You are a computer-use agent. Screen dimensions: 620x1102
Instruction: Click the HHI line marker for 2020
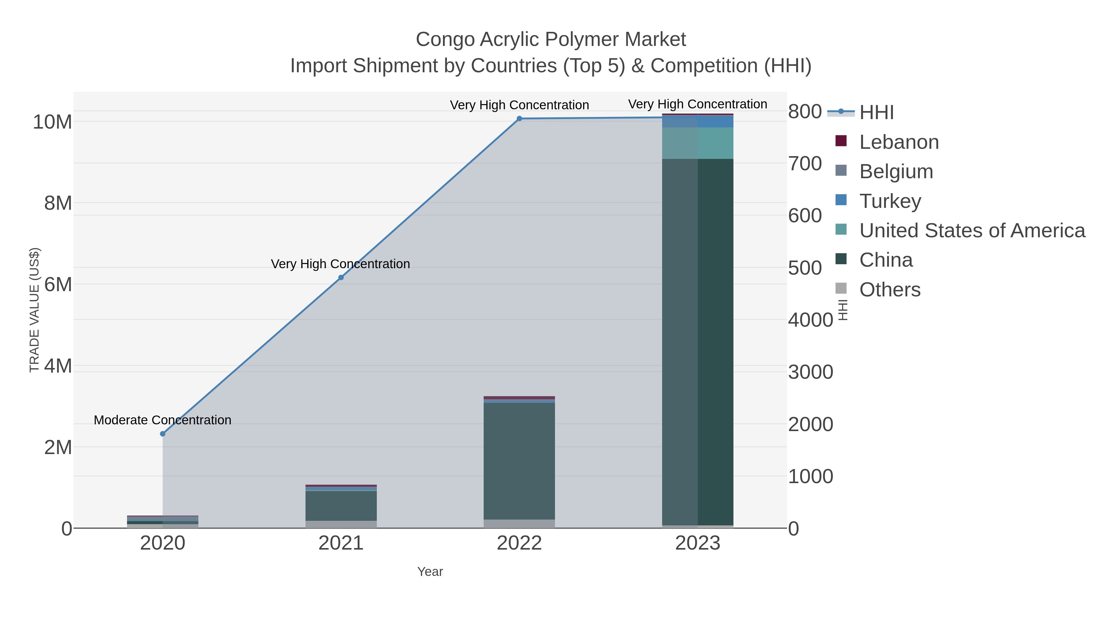pos(163,434)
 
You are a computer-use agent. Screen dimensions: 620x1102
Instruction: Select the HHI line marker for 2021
pos(341,278)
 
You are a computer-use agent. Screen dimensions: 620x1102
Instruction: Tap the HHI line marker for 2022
pos(519,118)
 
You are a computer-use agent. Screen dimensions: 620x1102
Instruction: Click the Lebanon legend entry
pos(899,142)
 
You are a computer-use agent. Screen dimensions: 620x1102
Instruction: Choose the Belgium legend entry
pos(896,171)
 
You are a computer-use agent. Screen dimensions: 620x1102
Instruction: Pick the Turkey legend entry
pos(890,201)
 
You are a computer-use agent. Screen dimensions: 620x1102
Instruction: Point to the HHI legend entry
pos(876,113)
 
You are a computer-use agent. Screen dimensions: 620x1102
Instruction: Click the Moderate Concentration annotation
pos(163,420)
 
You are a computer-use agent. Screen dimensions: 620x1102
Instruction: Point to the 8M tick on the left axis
pos(58,203)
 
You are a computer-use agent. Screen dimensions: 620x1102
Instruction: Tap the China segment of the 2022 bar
pos(519,461)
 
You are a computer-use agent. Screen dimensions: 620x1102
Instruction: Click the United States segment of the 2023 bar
pos(698,143)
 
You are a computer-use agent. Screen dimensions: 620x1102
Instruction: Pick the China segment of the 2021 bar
pos(341,506)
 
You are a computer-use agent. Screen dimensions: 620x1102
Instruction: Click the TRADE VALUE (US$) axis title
pos(34,310)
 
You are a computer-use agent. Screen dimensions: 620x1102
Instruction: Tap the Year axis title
pos(430,572)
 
